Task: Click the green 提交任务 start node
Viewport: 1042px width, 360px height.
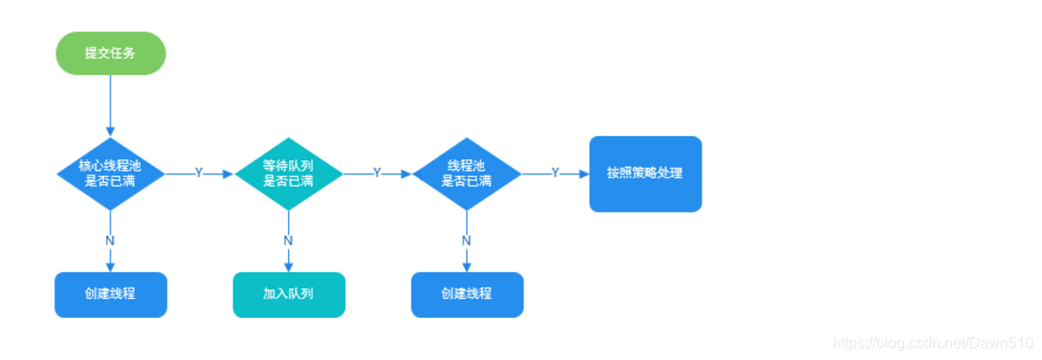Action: (111, 52)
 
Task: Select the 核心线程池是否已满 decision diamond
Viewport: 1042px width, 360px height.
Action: (111, 173)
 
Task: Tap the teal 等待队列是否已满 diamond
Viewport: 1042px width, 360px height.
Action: (288, 173)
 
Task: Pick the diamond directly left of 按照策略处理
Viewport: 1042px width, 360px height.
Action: (467, 173)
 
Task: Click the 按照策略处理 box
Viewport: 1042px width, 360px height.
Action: (645, 173)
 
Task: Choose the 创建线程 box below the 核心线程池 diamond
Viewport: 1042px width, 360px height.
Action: (111, 294)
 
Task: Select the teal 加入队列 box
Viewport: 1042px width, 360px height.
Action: (288, 294)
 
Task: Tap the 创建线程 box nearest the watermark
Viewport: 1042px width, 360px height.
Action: (467, 294)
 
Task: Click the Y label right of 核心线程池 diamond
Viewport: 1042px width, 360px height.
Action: (199, 173)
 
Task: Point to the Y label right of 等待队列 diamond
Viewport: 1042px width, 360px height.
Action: (377, 173)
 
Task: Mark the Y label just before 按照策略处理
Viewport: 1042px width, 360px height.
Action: (555, 173)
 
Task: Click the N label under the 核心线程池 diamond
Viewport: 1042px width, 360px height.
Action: (111, 240)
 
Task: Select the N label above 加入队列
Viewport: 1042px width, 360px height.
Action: (288, 240)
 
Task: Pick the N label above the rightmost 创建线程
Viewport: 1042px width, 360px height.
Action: (467, 240)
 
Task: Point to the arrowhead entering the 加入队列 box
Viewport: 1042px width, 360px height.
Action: (288, 267)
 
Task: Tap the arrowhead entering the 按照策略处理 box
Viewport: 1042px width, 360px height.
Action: (583, 173)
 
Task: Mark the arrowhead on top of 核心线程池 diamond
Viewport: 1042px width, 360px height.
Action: (111, 130)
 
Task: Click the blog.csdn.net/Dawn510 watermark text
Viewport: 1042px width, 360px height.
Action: (933, 344)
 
